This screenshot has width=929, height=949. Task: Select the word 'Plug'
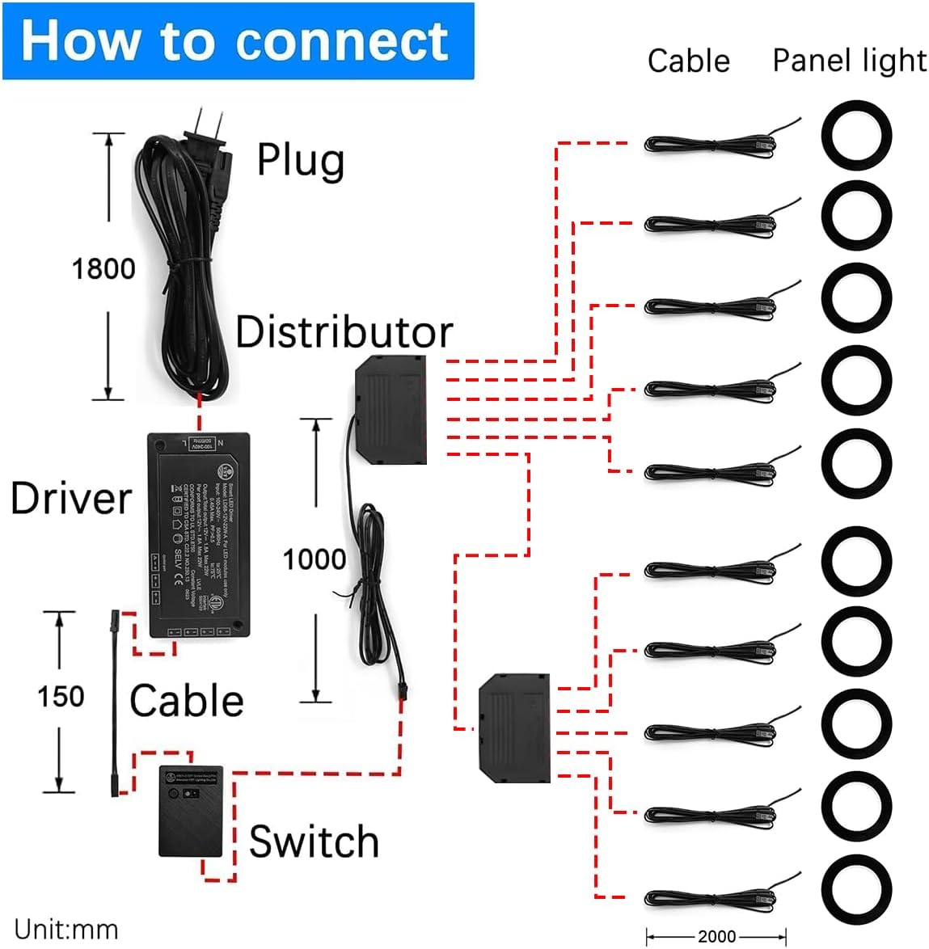click(300, 160)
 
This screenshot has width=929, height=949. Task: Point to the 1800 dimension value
click(103, 268)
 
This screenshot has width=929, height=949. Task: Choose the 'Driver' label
click(70, 498)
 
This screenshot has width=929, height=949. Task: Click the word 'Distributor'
click(344, 331)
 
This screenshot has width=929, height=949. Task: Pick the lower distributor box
click(514, 728)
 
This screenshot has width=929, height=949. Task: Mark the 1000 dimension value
click(314, 559)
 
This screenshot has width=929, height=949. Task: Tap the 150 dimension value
click(61, 696)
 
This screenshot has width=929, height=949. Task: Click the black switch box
click(191, 811)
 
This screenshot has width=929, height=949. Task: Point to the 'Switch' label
click(314, 842)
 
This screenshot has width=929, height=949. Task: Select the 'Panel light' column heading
click(849, 61)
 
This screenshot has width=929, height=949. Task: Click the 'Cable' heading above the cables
click(688, 61)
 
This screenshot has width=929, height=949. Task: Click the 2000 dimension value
click(716, 936)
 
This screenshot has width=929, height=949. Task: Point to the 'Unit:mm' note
click(66, 930)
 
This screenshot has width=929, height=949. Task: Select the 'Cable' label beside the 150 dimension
click(187, 701)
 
